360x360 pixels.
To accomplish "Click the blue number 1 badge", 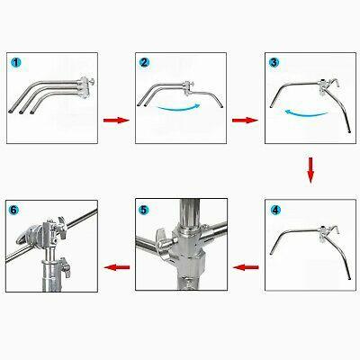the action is tap(16, 63).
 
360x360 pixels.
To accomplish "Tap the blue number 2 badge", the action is tap(144, 62).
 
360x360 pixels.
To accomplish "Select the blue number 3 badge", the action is tap(274, 62).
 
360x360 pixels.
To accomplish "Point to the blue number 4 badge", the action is tap(275, 210).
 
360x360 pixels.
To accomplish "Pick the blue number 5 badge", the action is tap(144, 210).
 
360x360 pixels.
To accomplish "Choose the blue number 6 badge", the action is tap(13, 210).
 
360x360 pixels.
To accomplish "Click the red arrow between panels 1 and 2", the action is tap(116, 121).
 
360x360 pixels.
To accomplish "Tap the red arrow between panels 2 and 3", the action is tap(245, 121).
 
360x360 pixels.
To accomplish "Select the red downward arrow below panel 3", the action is tap(310, 170).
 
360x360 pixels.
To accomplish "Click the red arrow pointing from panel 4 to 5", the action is tap(246, 267).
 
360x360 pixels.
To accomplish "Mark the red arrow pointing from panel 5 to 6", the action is tap(117, 267).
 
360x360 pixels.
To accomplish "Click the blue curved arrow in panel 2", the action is tap(179, 108).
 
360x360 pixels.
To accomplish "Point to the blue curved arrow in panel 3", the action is tap(306, 113).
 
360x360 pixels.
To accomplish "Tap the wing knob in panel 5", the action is tap(161, 238).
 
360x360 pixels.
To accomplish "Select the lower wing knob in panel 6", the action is tap(66, 266).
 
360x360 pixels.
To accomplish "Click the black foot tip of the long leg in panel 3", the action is tap(350, 131).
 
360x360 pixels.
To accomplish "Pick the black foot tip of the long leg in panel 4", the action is tap(350, 278).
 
